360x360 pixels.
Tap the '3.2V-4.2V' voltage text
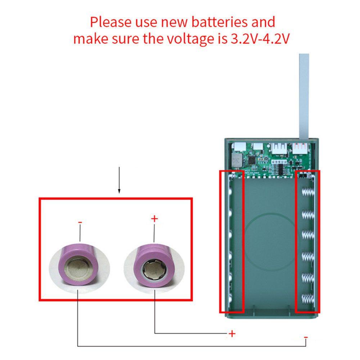coord(260,39)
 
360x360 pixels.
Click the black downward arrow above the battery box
coord(119,180)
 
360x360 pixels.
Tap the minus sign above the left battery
coord(80,222)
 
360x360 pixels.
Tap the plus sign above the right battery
coord(154,218)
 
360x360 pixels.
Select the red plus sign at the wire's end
coord(232,334)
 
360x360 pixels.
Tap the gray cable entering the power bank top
coord(304,97)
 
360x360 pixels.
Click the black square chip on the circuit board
coord(251,158)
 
